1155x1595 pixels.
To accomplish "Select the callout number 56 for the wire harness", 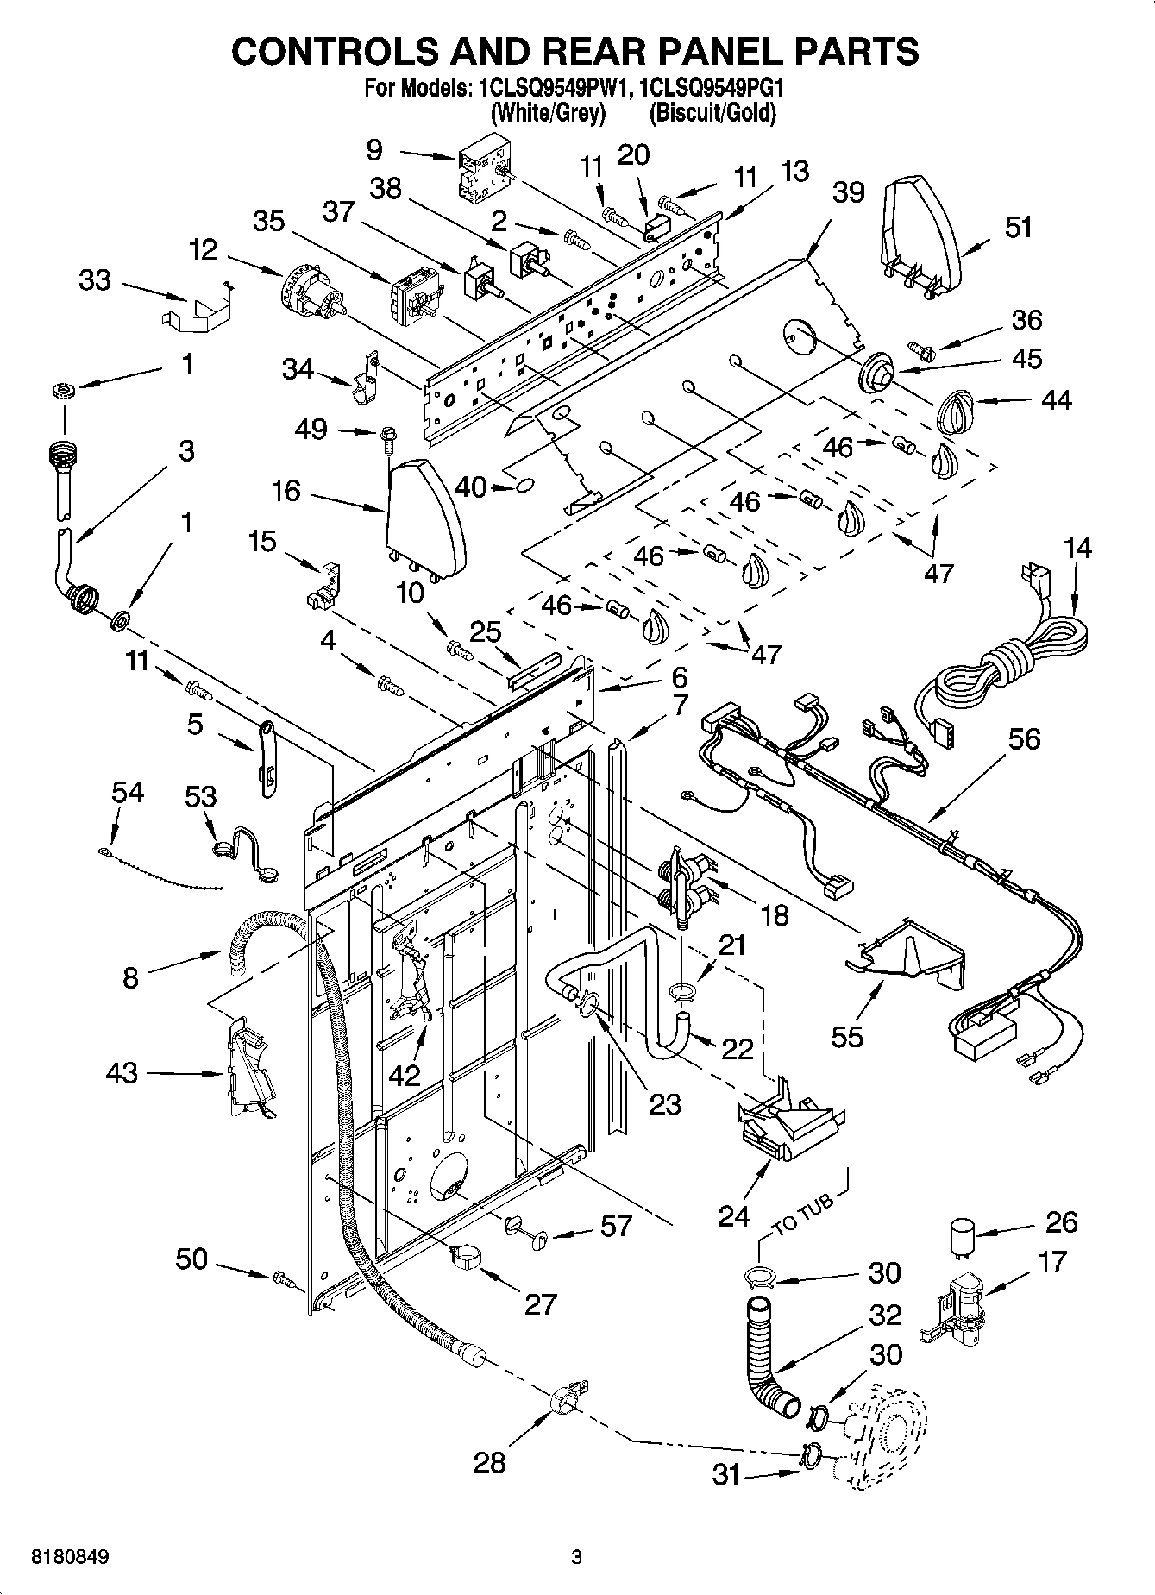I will click(x=1024, y=738).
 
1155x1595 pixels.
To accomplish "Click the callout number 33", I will click(x=95, y=279).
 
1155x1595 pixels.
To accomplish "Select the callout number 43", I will click(x=122, y=1072).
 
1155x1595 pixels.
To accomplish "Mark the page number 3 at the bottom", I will click(x=576, y=1557).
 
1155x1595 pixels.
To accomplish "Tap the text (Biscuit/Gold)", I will click(x=712, y=112).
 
